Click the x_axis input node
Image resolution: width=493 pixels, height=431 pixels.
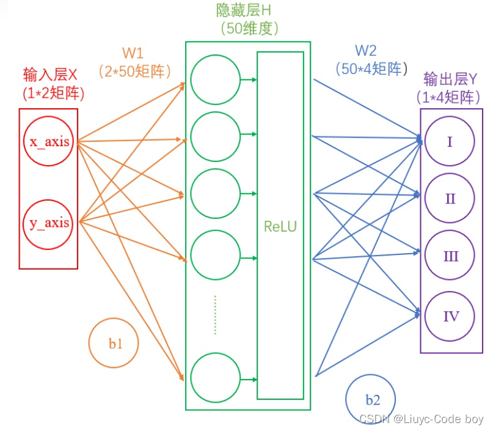click(49, 142)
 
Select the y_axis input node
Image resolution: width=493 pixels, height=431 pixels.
click(49, 223)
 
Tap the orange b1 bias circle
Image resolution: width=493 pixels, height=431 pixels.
click(114, 343)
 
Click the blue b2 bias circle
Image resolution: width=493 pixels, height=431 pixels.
click(371, 400)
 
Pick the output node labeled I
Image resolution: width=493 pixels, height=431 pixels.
click(450, 142)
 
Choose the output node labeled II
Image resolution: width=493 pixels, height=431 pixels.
click(450, 199)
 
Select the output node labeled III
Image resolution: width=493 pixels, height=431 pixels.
click(450, 256)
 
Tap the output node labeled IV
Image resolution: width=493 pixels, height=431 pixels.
click(450, 316)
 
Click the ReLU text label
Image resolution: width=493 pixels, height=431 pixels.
click(280, 226)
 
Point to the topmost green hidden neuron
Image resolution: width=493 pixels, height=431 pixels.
click(215, 79)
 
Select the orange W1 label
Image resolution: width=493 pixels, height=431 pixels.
click(138, 52)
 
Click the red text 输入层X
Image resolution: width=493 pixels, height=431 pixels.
click(51, 75)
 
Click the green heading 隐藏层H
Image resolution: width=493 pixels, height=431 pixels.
click(248, 10)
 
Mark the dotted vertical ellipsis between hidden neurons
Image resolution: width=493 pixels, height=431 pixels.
click(215, 315)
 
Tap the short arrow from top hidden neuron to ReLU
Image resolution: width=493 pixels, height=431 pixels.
click(249, 79)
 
